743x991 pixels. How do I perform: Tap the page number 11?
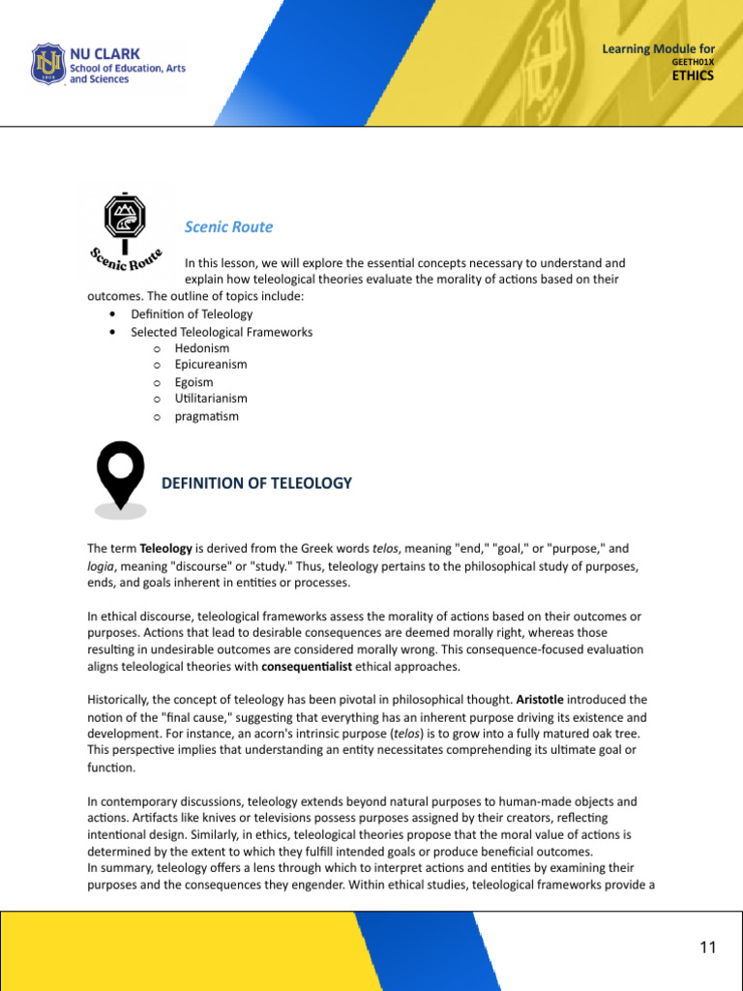pyautogui.click(x=707, y=947)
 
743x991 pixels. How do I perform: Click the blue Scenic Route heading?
pyautogui.click(x=228, y=226)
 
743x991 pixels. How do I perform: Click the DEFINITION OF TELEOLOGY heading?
pyautogui.click(x=256, y=483)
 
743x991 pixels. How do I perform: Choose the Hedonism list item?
pyautogui.click(x=202, y=348)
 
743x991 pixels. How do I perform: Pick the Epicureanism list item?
pyautogui.click(x=211, y=365)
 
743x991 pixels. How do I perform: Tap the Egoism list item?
pyautogui.click(x=196, y=382)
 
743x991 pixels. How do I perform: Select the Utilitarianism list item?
pyautogui.click(x=211, y=399)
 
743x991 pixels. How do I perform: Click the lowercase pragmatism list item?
pyautogui.click(x=206, y=416)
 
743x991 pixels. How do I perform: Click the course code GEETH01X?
pyautogui.click(x=692, y=62)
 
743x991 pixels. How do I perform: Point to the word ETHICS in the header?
pyautogui.click(x=694, y=75)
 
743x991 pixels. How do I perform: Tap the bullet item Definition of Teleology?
pyautogui.click(x=192, y=315)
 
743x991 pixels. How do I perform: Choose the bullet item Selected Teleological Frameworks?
pyautogui.click(x=222, y=332)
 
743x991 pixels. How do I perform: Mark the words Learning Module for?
pyautogui.click(x=658, y=48)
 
